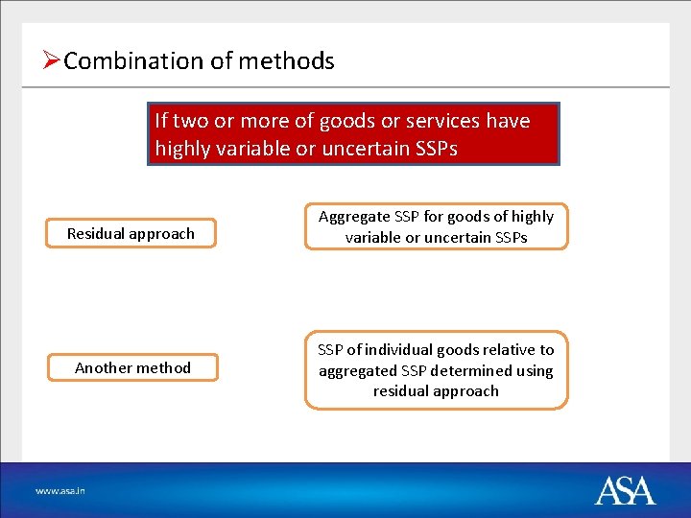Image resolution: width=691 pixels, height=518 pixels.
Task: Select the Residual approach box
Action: pos(131,233)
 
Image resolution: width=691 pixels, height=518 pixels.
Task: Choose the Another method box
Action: pos(132,367)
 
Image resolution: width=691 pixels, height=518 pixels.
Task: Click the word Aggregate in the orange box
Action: pos(354,217)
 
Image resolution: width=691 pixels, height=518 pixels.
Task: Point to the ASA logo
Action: pos(625,490)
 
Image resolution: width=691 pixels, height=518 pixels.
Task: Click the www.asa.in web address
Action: pos(60,490)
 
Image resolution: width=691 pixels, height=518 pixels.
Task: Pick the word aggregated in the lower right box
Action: pos(363,370)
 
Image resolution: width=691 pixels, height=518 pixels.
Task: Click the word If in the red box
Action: pos(162,121)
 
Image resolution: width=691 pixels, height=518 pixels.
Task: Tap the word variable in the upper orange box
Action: pos(375,238)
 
